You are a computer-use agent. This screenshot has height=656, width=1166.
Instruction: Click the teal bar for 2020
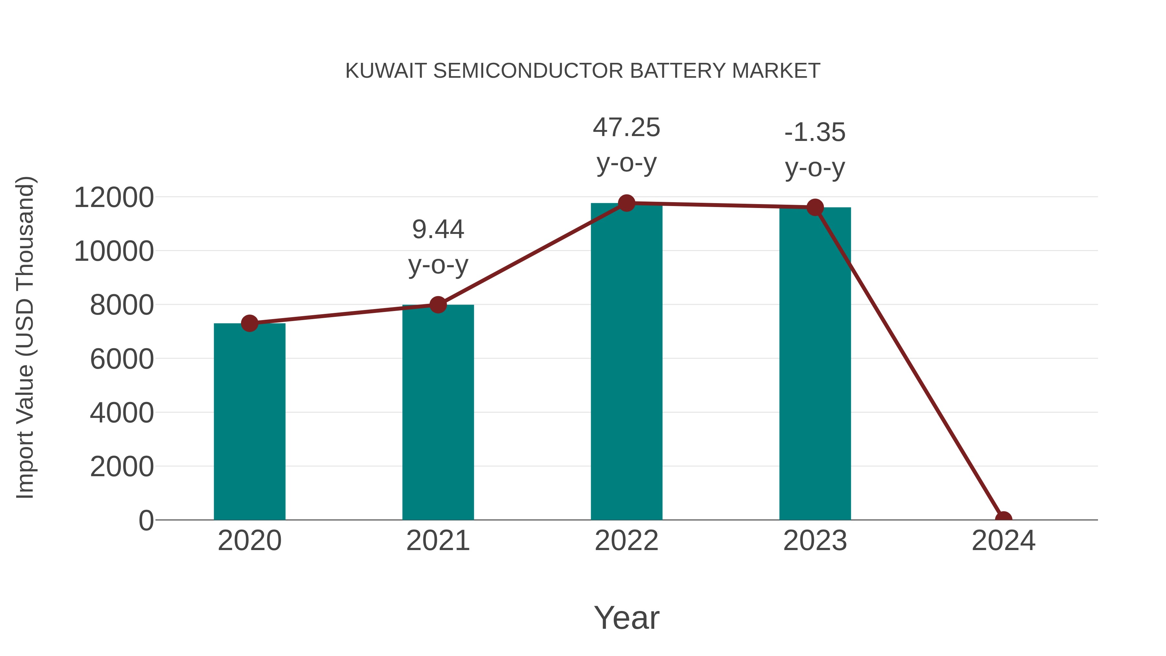[249, 421]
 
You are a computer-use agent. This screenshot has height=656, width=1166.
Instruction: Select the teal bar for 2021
[438, 412]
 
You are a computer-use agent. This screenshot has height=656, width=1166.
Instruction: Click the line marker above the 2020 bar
[249, 323]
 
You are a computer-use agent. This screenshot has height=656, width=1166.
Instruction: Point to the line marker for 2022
[626, 203]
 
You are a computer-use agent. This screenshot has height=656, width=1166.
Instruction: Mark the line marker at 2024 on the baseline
[1003, 519]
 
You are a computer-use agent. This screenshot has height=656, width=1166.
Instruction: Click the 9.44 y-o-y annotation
[438, 247]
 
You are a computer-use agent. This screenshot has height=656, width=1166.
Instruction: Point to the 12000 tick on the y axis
[114, 198]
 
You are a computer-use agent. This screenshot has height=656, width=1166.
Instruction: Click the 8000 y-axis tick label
[122, 305]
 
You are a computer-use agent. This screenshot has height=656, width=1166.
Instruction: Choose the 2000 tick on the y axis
[122, 467]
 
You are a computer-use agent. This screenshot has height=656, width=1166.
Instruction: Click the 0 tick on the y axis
[146, 521]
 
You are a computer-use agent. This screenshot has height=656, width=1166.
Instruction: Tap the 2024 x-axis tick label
[1003, 541]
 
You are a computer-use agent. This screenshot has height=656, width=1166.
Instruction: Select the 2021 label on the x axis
[438, 541]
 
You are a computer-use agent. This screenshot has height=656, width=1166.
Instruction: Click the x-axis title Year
[626, 617]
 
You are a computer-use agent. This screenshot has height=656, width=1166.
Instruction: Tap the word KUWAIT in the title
[386, 71]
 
